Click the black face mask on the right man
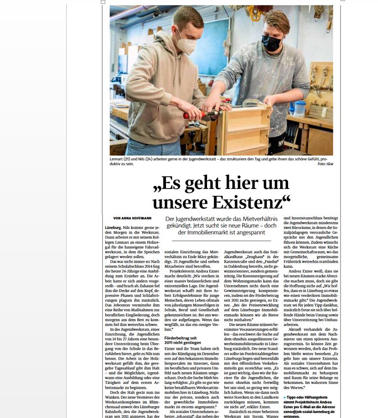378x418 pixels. click(x=271, y=43)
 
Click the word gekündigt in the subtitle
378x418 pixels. click(x=177, y=225)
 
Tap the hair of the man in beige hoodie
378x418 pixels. click(x=188, y=17)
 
